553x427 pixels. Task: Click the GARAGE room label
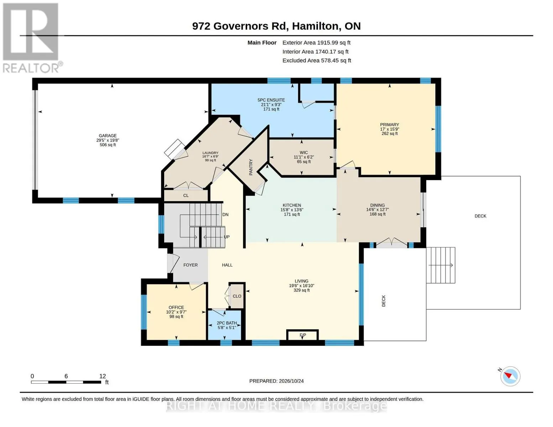pos(108,136)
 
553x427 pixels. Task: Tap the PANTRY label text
pos(251,167)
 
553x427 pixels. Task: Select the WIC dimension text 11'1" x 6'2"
pos(304,157)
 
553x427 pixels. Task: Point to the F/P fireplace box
pos(302,335)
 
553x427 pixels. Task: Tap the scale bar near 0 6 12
pos(66,382)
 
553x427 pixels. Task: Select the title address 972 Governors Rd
pos(240,26)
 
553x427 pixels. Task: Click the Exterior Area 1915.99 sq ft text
pos(316,43)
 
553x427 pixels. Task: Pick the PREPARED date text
pos(276,381)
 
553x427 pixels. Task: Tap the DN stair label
pos(225,215)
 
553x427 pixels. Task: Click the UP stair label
pos(226,237)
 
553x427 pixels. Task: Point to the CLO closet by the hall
pos(237,296)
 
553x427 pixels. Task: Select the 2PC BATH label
pos(227,323)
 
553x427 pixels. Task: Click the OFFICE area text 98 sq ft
pos(176,317)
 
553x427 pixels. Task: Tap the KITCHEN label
pos(292,205)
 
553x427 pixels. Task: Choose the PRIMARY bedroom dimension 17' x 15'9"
pos(389,129)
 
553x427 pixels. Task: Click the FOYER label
pos(191,265)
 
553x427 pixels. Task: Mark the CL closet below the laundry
pos(186,195)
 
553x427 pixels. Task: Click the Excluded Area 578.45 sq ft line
pos(317,60)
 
